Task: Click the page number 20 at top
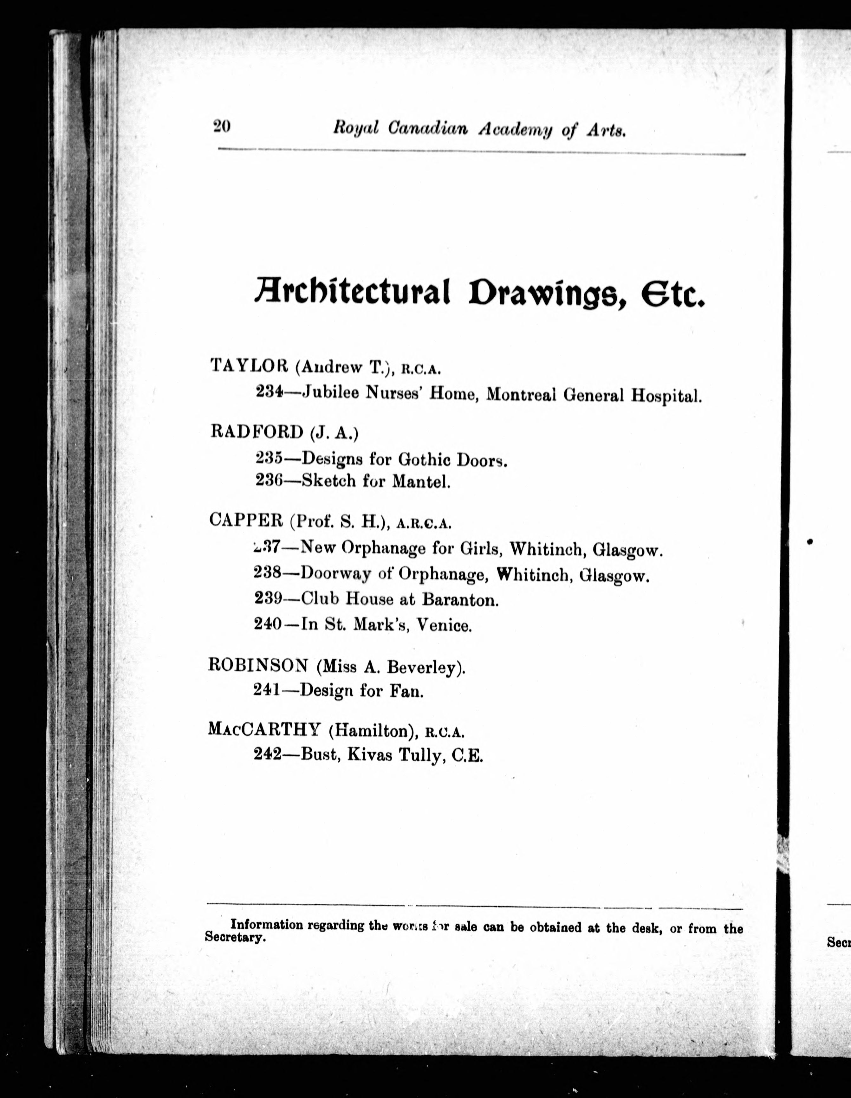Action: tap(222, 126)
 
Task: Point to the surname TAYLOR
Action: tap(249, 365)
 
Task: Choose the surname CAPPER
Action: tap(246, 520)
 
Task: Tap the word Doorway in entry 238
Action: tap(335, 574)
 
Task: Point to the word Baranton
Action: tap(460, 599)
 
